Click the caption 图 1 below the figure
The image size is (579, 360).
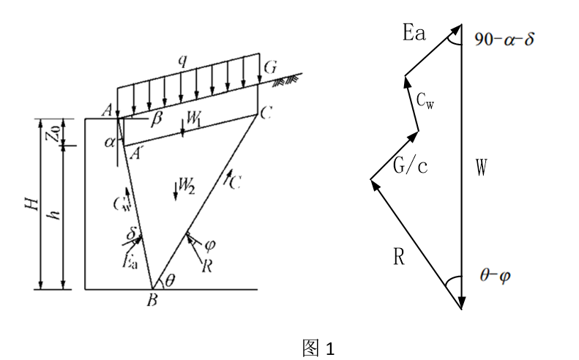tap(318, 348)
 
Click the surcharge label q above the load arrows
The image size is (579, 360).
tap(182, 61)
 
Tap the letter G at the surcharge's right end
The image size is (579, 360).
tap(270, 67)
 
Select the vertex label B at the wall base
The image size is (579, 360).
tap(152, 301)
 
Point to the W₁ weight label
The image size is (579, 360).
tap(193, 119)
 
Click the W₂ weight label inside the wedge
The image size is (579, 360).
tap(187, 185)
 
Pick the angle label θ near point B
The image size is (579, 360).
tap(170, 282)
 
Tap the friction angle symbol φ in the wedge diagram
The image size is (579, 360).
tap(210, 245)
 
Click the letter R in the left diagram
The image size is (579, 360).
tap(206, 266)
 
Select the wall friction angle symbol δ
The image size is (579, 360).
tap(132, 233)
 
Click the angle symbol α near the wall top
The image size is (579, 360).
tap(110, 142)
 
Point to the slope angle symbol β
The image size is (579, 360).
tap(157, 119)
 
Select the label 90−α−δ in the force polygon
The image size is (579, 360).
tap(504, 39)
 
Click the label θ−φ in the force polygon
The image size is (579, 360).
tap(495, 275)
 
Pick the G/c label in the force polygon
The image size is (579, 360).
tap(410, 165)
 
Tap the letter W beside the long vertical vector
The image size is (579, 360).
tap(481, 168)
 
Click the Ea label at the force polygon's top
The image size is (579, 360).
tap(414, 32)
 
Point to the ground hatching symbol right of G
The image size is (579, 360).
tap(285, 81)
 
